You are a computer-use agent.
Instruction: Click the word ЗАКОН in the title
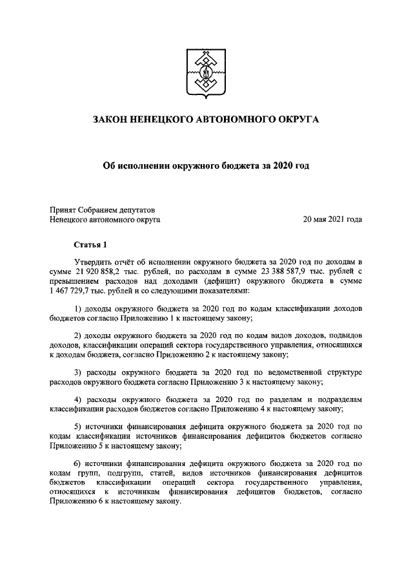(x=112, y=120)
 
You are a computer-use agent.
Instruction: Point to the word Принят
(x=63, y=209)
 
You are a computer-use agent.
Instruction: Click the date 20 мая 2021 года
(x=332, y=220)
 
